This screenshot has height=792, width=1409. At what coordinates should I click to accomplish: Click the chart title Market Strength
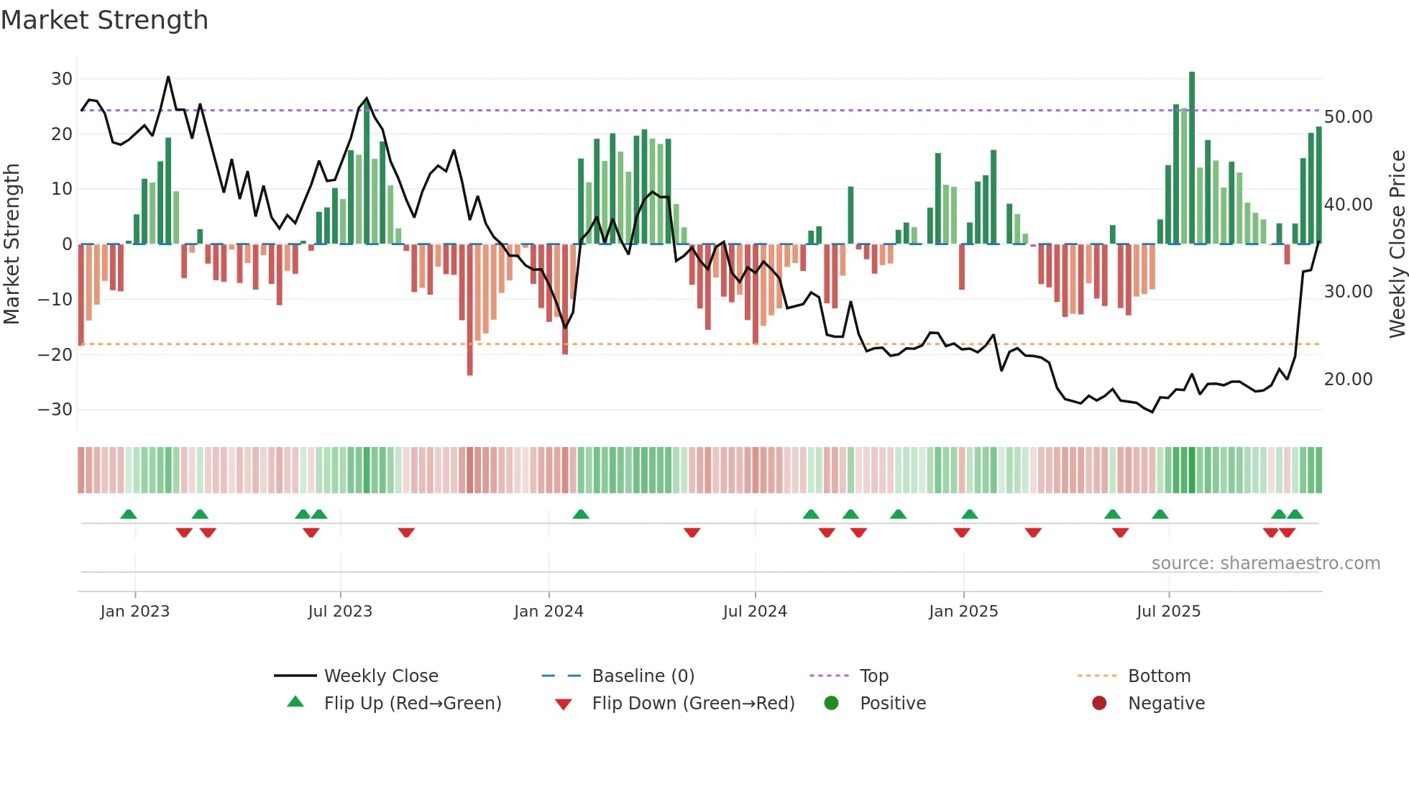coord(104,20)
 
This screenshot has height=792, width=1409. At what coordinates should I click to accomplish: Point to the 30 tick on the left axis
coord(62,79)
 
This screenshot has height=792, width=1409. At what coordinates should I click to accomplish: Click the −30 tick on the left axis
coord(55,410)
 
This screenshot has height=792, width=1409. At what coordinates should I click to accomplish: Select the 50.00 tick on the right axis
coord(1348,117)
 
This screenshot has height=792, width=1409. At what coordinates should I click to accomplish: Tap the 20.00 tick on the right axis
coord(1348,379)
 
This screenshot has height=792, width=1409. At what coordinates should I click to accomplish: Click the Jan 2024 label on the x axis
coord(549,612)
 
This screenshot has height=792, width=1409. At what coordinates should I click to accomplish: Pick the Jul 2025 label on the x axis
coord(1168,612)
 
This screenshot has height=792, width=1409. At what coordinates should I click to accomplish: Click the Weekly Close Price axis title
coord(1397,244)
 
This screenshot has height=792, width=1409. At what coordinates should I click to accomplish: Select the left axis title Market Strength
coord(12,244)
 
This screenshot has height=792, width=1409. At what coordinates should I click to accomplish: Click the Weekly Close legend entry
coord(380,676)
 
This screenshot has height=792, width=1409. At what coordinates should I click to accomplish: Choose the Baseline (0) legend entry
coord(643,676)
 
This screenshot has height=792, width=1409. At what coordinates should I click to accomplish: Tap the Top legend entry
coord(873,676)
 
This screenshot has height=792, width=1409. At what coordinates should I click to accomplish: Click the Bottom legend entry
coord(1159,676)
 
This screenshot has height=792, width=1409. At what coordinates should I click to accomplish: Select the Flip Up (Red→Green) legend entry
coord(412,704)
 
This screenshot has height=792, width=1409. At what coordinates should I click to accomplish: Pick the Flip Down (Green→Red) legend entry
coord(693,704)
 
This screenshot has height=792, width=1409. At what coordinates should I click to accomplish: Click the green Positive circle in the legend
coord(832,704)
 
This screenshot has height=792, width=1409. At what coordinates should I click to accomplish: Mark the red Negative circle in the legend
coord(1099,704)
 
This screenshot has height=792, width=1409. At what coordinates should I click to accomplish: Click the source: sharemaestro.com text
coord(1265,563)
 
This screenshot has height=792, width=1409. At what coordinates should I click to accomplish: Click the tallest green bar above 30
coord(1192,158)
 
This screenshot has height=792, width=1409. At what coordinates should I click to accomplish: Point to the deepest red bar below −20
coord(470,309)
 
